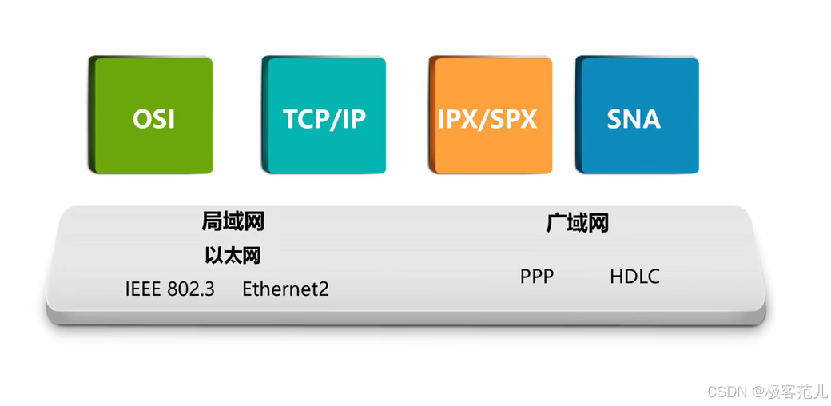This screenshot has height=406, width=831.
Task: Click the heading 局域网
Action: [233, 221]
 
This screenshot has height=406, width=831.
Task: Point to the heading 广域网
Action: [577, 223]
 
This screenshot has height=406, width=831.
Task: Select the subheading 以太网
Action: [233, 256]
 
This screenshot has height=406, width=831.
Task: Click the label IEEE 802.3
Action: [169, 289]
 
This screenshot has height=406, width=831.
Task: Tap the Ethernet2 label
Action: [285, 289]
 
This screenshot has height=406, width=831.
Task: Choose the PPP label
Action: [536, 277]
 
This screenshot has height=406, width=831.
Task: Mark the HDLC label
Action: [634, 277]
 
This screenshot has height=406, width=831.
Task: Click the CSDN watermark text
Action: [726, 392]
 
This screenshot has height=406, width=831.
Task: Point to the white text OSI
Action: [153, 120]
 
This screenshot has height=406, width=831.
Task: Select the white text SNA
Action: [634, 119]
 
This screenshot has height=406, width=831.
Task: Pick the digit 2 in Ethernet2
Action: [324, 289]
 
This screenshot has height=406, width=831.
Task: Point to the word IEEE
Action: [143, 289]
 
